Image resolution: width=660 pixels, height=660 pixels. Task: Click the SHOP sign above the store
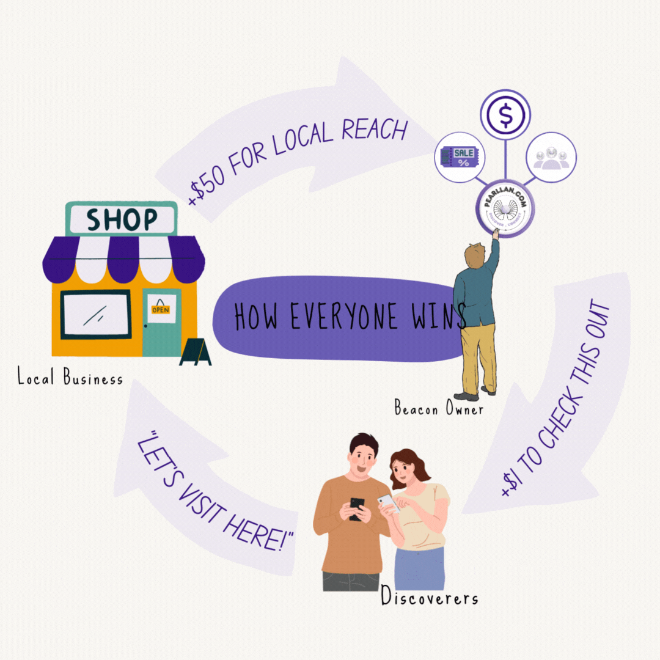click(121, 219)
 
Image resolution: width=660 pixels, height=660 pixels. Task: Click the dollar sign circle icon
click(505, 115)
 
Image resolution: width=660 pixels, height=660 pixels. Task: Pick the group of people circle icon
click(551, 157)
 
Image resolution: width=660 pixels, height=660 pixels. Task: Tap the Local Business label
click(70, 378)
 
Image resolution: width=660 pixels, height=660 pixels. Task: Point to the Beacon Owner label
click(438, 408)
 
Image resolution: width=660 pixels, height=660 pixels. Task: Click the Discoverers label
click(429, 596)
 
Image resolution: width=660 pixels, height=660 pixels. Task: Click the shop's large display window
click(96, 314)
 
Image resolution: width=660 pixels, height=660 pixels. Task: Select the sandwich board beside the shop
click(196, 353)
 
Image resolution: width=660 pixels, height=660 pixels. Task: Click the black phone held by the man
click(357, 507)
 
